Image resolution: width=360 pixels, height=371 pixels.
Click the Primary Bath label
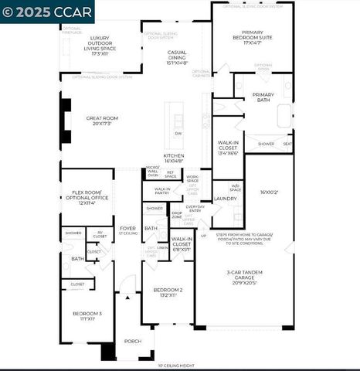(263, 97)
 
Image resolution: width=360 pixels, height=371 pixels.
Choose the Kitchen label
(173, 158)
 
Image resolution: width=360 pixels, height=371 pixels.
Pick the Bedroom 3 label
(87, 315)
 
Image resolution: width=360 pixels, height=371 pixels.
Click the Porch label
(133, 340)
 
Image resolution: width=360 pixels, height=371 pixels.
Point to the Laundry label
(225, 199)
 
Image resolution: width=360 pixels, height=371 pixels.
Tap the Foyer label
(127, 230)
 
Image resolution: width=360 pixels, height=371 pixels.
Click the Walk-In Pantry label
(162, 189)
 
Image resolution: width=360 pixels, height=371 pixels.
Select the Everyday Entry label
(195, 209)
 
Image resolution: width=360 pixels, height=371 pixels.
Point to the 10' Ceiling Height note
(176, 366)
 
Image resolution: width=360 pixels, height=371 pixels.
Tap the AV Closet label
(100, 234)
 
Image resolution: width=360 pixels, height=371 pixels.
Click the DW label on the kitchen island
(178, 134)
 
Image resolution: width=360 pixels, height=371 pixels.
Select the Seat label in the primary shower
(287, 144)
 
